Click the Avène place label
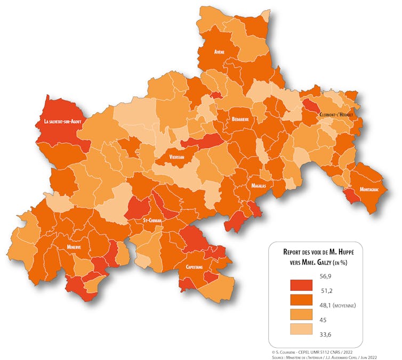click(219, 52)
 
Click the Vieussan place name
click(176, 158)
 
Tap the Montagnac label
click(370, 190)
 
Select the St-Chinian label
click(152, 220)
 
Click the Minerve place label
click(74, 248)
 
